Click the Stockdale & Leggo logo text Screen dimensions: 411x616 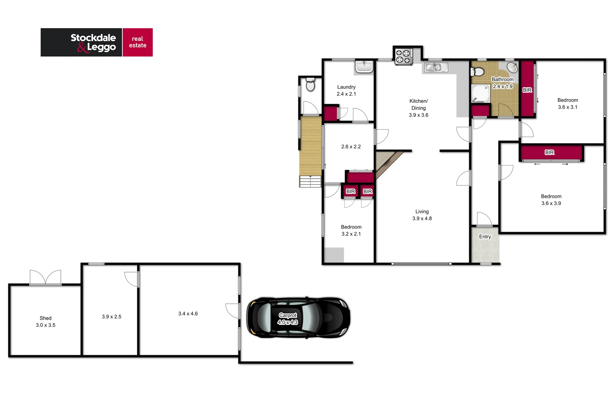pos(93,43)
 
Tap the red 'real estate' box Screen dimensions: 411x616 pos(138,42)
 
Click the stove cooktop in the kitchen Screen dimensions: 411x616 pos(403,56)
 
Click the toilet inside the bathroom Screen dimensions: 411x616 pos(478,72)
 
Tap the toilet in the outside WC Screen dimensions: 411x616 pos(310,85)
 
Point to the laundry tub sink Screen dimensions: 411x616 pos(364,67)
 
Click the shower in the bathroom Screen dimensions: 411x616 pos(480,94)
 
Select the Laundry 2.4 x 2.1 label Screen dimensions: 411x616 pos(346,91)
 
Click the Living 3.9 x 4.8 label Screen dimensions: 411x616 pos(422,215)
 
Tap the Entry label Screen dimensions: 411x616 pos(485,237)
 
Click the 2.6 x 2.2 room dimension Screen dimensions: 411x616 pos(351,147)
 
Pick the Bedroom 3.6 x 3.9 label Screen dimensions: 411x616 pos(551,200)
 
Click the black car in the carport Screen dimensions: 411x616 pos(298,318)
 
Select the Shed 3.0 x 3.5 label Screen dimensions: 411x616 pos(46,322)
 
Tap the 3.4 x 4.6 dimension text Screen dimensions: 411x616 pos(188,314)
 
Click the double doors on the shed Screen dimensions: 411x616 pos(45,277)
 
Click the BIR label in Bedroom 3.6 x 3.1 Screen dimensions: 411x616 pos(527,90)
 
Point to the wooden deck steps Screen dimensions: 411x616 pos(310,181)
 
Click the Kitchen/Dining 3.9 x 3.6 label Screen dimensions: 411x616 pos(418,108)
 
